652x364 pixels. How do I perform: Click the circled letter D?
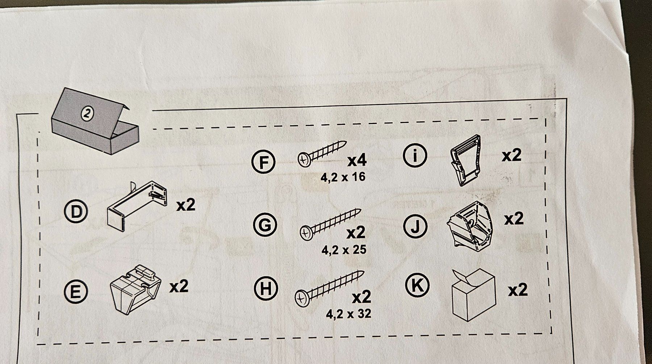click(x=75, y=212)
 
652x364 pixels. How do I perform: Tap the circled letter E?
click(x=75, y=292)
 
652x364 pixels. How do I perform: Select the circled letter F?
click(x=263, y=162)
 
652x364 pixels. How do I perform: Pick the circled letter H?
click(x=266, y=288)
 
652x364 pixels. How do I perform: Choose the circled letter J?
click(x=416, y=227)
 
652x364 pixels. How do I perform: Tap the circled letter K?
click(x=417, y=285)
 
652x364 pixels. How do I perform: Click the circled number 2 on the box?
click(x=87, y=114)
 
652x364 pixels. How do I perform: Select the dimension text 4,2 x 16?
click(x=343, y=177)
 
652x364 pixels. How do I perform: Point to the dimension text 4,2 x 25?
click(x=344, y=250)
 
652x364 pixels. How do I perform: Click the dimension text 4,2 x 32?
click(x=349, y=313)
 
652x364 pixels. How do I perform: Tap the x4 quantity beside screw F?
click(x=357, y=161)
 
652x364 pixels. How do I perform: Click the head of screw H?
click(x=301, y=298)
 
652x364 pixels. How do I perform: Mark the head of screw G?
click(x=306, y=233)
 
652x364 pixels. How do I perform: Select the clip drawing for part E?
click(x=135, y=289)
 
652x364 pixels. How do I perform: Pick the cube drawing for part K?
click(x=474, y=295)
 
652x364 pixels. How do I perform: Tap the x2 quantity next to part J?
click(x=514, y=219)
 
